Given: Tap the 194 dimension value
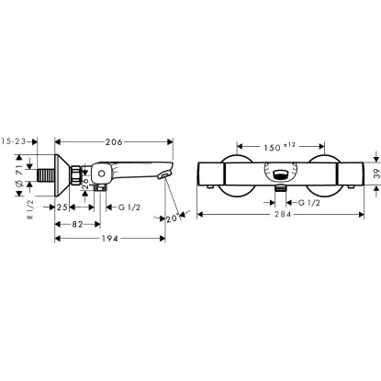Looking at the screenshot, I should point(109,239).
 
